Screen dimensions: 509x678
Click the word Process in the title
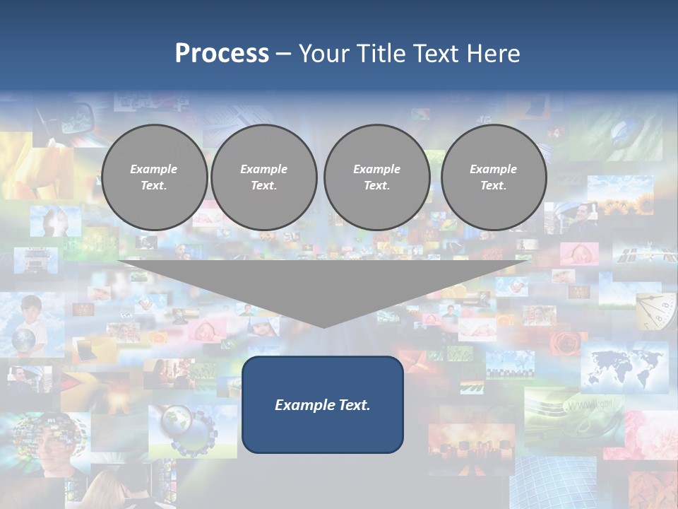coord(222,54)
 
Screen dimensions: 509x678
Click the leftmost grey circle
coord(154,177)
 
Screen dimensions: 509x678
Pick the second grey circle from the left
coord(264,177)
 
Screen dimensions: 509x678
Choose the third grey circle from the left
coord(376,177)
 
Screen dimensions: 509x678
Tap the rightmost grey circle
coord(494,177)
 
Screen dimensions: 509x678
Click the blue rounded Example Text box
coord(323,404)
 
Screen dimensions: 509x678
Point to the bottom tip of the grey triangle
coord(323,326)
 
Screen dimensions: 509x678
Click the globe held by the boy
coord(23,339)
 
